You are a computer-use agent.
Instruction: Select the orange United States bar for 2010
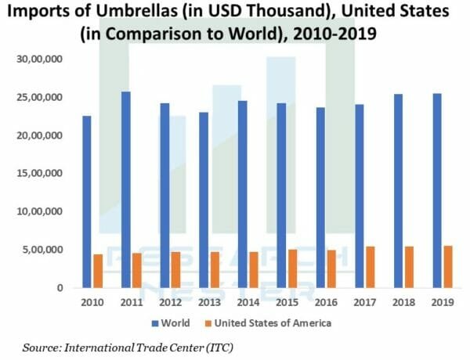pos(98,271)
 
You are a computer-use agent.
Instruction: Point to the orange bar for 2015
pos(292,268)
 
